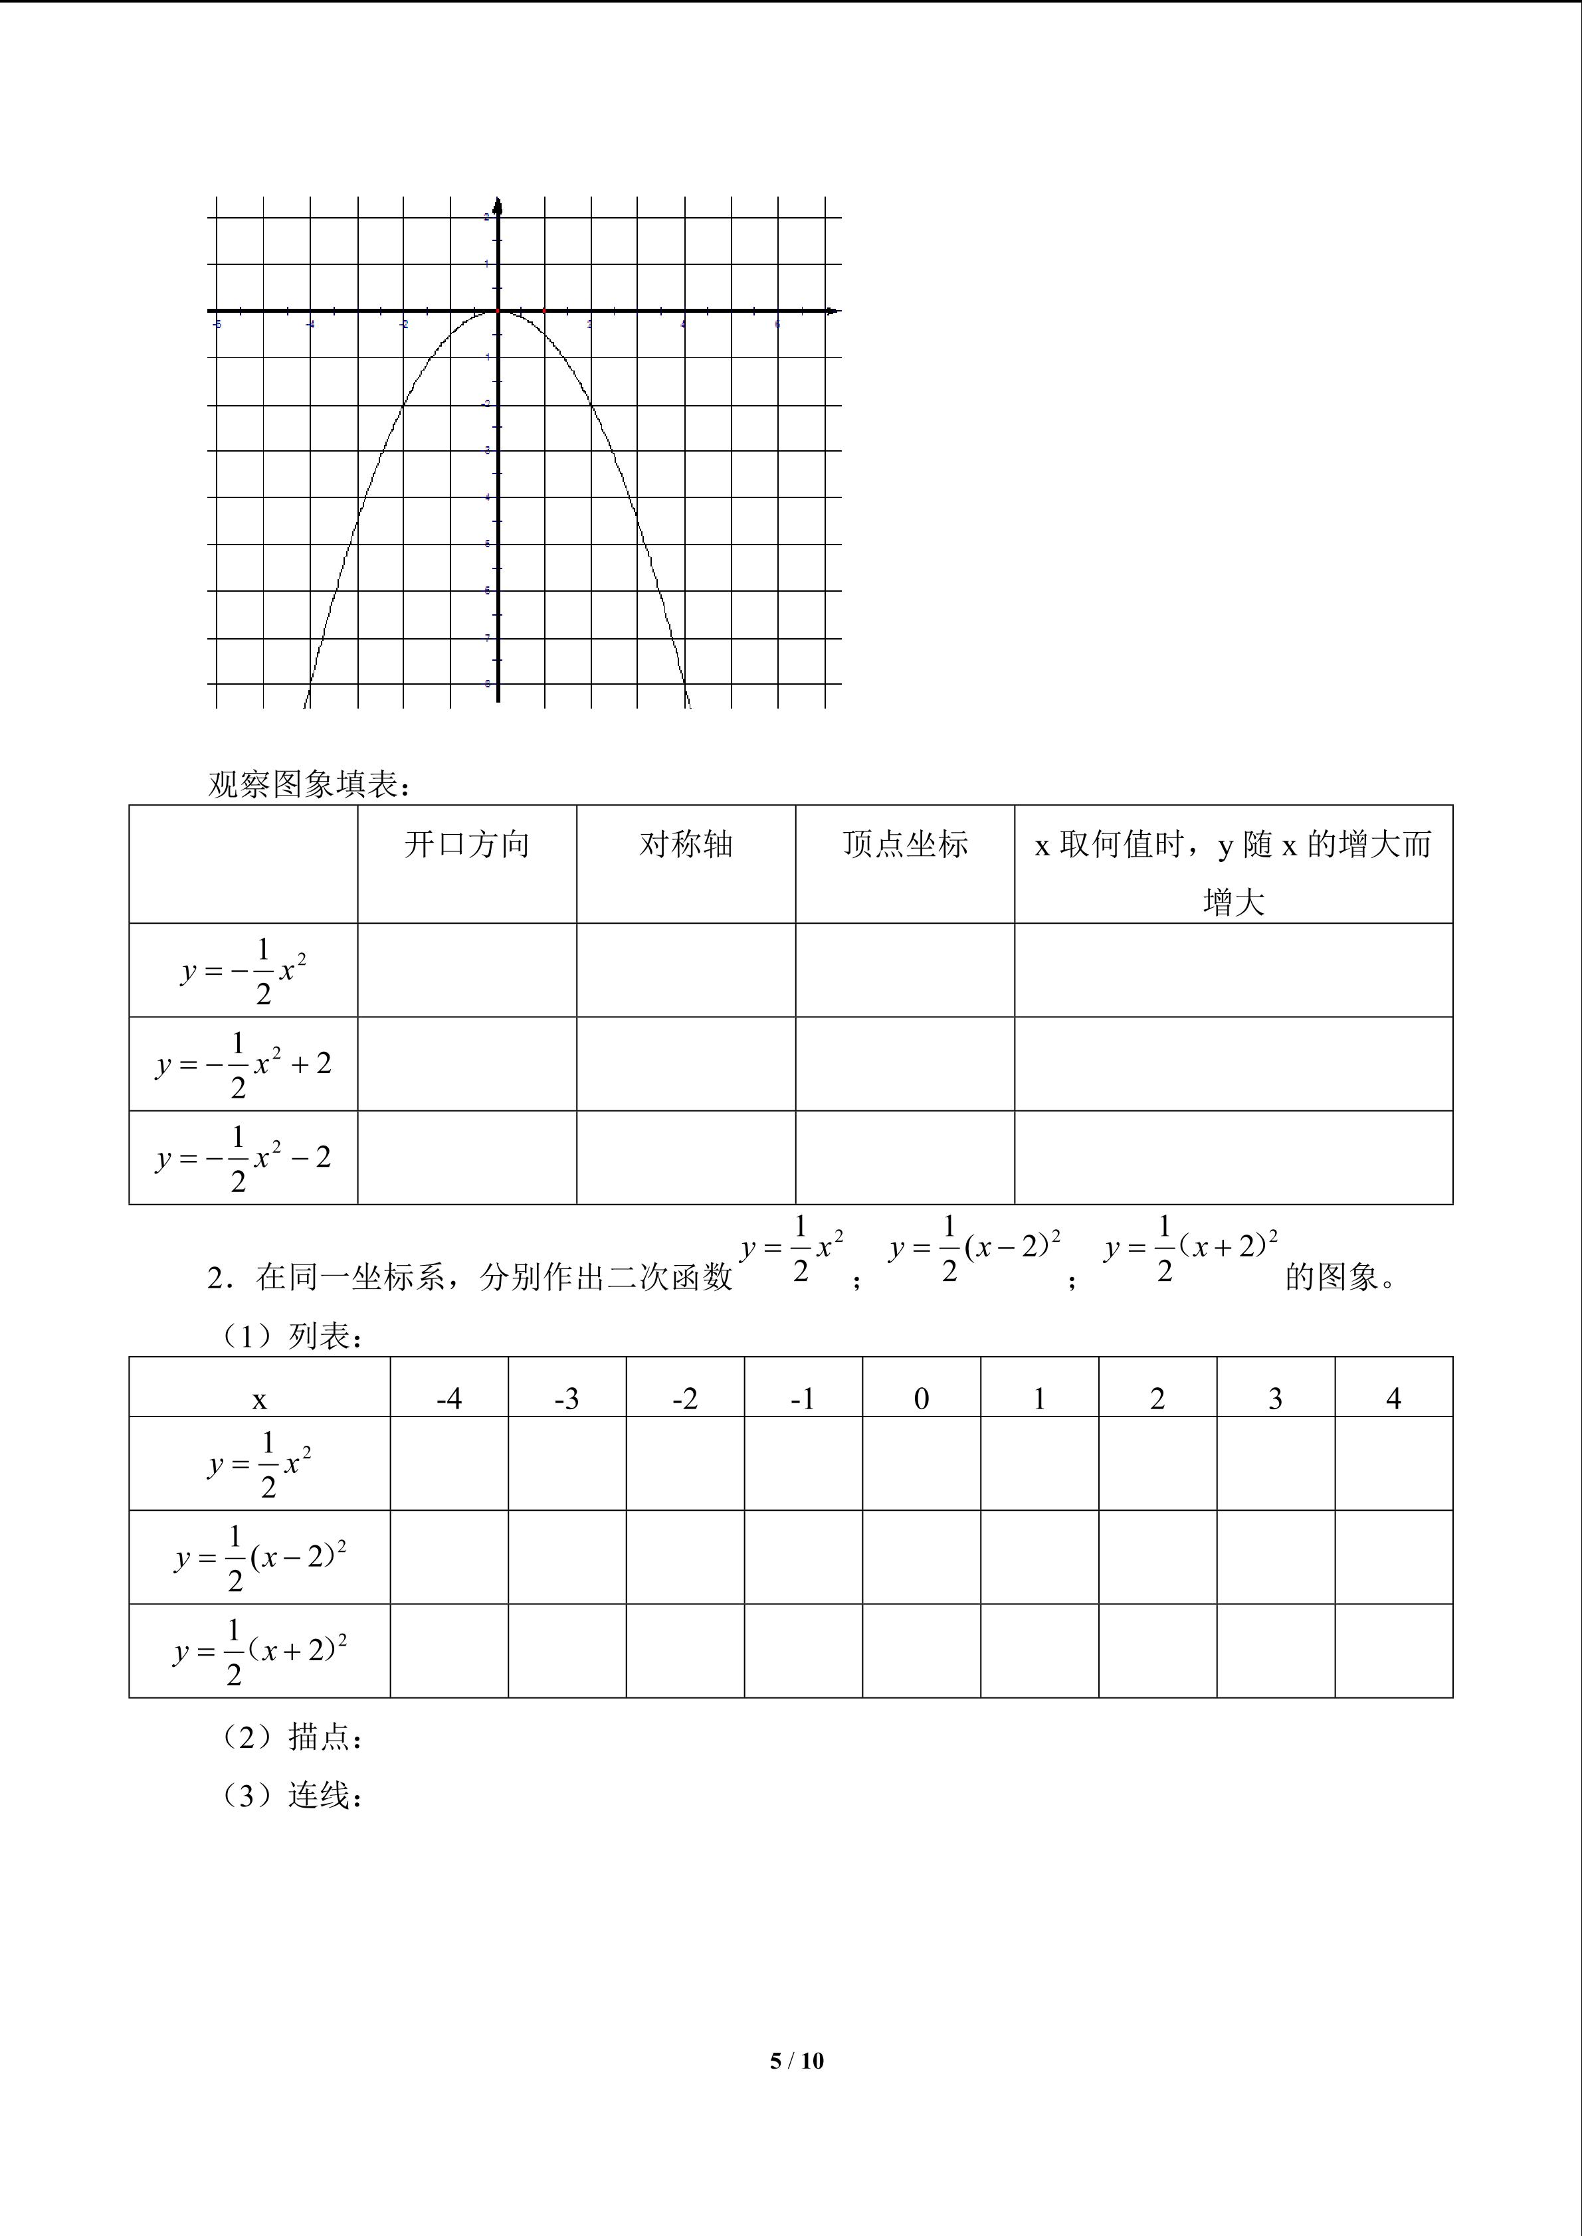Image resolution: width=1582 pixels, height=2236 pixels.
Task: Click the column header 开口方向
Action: pos(466,844)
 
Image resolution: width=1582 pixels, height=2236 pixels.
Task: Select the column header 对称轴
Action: pos(686,844)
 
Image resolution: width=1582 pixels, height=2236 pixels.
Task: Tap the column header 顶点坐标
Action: pos(905,844)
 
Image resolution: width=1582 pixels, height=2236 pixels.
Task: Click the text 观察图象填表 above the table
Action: pos(310,784)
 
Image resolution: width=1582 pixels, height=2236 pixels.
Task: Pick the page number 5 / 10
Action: pos(796,2060)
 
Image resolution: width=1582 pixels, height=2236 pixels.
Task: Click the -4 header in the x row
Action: pos(449,1399)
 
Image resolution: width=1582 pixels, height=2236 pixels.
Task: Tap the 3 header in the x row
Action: pos(1275,1399)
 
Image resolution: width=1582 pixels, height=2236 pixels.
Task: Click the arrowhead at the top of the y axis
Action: pos(498,205)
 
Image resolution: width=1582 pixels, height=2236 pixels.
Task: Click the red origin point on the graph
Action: pos(498,311)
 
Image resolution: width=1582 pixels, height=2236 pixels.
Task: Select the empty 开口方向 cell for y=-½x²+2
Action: pos(466,1063)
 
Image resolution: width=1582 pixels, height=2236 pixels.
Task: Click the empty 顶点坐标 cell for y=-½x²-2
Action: pos(905,1157)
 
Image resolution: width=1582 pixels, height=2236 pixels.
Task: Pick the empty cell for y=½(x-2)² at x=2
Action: pos(1157,1557)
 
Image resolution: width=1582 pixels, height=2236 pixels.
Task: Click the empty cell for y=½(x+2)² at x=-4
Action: pos(449,1651)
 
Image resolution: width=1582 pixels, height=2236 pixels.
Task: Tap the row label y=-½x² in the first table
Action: pos(244,971)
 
